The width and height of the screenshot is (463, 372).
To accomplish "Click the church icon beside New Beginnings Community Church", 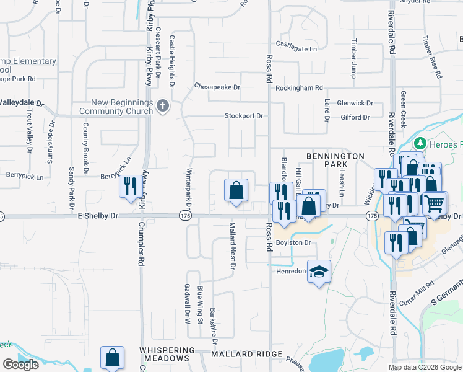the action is (x=163, y=106).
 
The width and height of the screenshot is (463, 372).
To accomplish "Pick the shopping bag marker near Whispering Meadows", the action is (x=112, y=357).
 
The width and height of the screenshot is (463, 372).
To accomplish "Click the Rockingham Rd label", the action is (x=300, y=88).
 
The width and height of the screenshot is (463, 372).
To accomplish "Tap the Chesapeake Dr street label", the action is (x=217, y=87).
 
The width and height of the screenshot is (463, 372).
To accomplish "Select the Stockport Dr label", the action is (x=244, y=116).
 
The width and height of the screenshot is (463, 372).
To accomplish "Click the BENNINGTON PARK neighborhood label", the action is (x=335, y=160).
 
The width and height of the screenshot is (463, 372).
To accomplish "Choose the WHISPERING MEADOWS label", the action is (x=164, y=354).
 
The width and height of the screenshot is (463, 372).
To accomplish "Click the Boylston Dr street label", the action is (x=293, y=242).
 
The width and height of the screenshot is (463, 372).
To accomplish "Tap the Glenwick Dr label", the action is (x=355, y=103).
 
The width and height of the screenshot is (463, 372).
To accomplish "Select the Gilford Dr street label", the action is (x=355, y=117).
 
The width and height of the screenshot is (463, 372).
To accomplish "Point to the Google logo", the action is (x=20, y=365).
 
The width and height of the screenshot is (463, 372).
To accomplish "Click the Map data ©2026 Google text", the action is (x=425, y=367).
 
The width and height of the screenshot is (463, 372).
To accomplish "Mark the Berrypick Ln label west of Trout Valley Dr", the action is (x=25, y=177).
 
